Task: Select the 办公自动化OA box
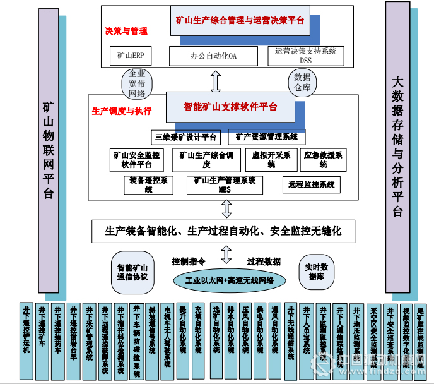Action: point(214,56)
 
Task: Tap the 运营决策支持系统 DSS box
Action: point(305,56)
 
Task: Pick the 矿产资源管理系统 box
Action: point(267,136)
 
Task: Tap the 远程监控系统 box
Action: point(311,184)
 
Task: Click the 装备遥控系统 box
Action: point(148,184)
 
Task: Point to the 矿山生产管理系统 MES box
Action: point(225,184)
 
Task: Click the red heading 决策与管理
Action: point(126,30)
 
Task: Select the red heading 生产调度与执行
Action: point(122,111)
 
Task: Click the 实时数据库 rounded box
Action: point(316,272)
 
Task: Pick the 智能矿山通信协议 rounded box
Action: point(132,272)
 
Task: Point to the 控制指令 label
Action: point(189,261)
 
